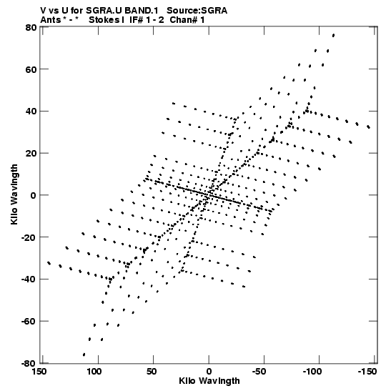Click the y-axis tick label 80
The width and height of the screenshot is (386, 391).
(x=31, y=27)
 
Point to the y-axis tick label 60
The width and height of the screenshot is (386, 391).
(x=31, y=69)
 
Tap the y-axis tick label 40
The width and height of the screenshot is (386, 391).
(x=31, y=111)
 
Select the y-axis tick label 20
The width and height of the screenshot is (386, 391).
(x=31, y=153)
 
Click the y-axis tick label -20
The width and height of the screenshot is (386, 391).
(x=29, y=237)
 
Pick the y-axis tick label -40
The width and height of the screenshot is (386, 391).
(x=29, y=279)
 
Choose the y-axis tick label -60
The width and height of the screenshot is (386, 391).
(x=29, y=321)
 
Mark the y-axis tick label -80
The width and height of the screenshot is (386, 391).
(x=29, y=363)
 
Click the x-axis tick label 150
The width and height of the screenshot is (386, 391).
(x=39, y=372)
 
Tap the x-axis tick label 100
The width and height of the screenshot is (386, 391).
(x=94, y=372)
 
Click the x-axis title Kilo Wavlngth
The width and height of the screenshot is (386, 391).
(x=209, y=381)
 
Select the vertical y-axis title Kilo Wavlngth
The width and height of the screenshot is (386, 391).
(x=14, y=194)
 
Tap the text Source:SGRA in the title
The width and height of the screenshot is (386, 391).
(x=197, y=11)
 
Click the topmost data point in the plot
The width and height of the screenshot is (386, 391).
(x=333, y=36)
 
